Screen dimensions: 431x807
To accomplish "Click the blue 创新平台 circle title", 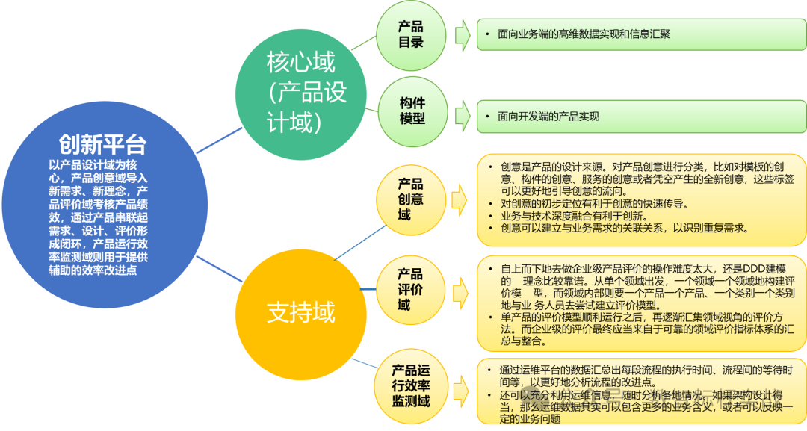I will pos(103,144).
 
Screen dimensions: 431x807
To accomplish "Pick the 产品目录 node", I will pos(411,34).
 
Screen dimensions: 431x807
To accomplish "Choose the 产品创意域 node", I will pos(410,199).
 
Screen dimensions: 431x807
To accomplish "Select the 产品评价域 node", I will pos(410,289).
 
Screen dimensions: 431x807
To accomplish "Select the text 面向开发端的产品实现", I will pos(548,117).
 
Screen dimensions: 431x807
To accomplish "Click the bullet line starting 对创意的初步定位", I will pos(594,203).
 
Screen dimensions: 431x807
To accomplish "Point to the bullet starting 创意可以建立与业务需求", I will pos(624,228).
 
